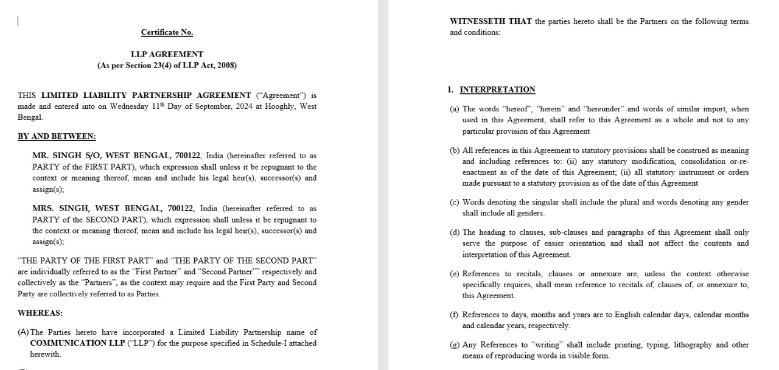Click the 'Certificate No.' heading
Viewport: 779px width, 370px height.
(167, 32)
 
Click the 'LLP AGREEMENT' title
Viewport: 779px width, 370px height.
(167, 54)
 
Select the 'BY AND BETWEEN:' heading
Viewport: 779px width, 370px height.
(57, 136)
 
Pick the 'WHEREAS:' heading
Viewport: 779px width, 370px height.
(40, 313)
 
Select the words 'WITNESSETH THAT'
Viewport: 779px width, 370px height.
(491, 21)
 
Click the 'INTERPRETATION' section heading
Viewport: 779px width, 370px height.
(497, 89)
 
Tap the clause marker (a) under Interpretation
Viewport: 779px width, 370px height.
(455, 109)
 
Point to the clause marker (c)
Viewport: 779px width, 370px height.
(455, 202)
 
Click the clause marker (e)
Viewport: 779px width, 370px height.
(455, 274)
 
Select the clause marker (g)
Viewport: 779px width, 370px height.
(455, 344)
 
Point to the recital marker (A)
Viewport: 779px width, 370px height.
(24, 332)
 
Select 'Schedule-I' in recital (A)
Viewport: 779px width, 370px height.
(279, 343)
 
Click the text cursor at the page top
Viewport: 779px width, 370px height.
(18, 21)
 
